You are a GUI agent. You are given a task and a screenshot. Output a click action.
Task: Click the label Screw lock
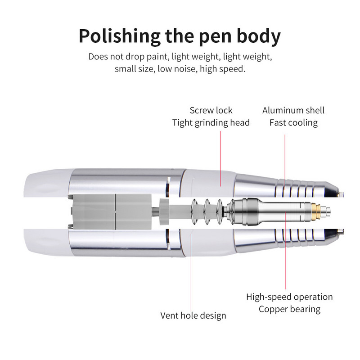pos(211,110)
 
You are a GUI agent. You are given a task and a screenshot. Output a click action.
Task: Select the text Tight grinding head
pos(211,122)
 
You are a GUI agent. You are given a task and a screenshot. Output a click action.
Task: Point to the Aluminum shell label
pos(293,110)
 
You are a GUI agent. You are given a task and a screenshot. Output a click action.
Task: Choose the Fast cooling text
pos(293,122)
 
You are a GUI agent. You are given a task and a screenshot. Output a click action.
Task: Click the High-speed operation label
pos(289,297)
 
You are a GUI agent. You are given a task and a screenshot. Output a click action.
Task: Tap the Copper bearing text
pos(289,309)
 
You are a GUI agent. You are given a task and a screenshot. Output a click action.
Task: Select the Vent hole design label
pos(193,315)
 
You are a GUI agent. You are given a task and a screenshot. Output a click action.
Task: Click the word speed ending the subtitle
pos(235,69)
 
